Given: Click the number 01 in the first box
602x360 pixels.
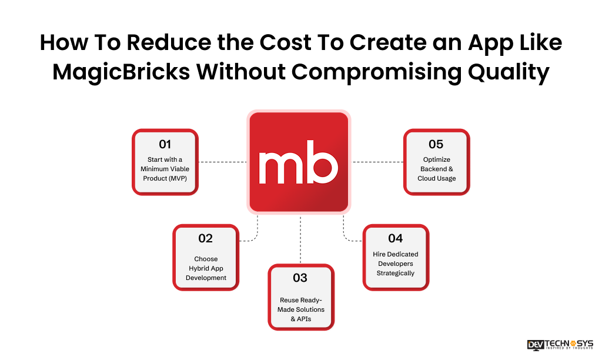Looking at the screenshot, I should pos(165,145).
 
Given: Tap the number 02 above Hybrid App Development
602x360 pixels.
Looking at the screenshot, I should pos(205,238).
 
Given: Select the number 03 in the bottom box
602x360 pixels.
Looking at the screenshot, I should pos(300,278).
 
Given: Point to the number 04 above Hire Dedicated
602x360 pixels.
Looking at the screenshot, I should pos(396,238).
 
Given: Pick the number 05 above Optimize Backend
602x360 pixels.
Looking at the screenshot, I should pos(436,145).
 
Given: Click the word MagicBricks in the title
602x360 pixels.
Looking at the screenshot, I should pos(121,72).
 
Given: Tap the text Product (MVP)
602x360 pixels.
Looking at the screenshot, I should pos(165,178).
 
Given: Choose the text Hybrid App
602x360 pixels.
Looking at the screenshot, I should pos(206,268).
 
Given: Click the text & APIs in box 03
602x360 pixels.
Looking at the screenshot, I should pos(302,319).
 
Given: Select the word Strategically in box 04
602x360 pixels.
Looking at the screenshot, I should pos(396,273).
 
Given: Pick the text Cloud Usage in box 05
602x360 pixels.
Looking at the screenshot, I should pos(436,178).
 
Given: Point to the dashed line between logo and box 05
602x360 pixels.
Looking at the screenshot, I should pos(377,162).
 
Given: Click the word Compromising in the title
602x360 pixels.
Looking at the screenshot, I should pos(377,72).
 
